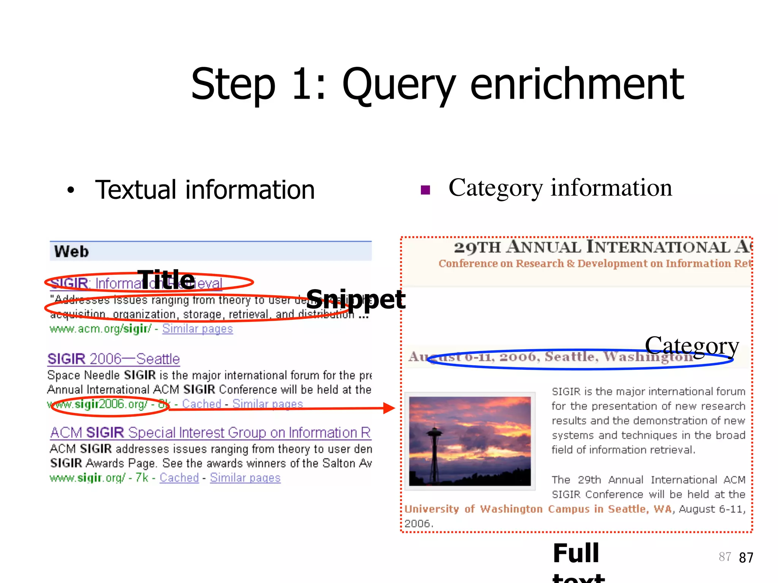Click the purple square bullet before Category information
point(425,190)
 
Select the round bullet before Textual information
point(71,190)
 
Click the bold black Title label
point(166,279)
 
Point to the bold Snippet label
point(356,299)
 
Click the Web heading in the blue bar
point(71,252)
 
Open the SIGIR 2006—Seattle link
point(114,359)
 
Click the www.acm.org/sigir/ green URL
point(101,329)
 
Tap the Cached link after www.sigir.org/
point(179,478)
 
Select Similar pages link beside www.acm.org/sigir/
point(198,329)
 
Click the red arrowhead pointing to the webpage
point(389,408)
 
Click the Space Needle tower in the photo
point(434,448)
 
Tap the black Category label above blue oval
point(692,346)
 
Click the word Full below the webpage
point(576,553)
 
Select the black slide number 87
point(746,558)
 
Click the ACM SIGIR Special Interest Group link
point(210,433)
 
